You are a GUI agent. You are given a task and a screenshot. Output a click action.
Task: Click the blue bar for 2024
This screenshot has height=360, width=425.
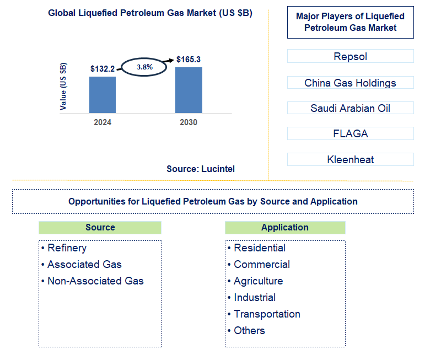point(103,94)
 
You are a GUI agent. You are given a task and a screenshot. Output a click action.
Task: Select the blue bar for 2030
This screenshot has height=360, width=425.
point(189,90)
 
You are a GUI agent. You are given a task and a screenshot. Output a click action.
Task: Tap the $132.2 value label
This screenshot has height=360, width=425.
point(103,69)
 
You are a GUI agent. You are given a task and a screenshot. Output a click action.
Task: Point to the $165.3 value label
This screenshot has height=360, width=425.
point(189,58)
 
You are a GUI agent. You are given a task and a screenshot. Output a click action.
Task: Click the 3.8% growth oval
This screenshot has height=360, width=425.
point(145,67)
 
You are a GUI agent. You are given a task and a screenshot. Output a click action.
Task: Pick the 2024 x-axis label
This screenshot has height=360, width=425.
point(103,122)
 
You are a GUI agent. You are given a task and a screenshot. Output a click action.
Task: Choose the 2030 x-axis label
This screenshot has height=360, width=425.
point(189,122)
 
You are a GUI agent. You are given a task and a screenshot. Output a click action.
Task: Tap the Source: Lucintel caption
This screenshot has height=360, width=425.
point(201,169)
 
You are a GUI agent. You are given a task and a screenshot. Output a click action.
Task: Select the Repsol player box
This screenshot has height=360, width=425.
point(350,56)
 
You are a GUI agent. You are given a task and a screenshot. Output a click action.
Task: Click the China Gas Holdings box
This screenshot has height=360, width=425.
point(350,83)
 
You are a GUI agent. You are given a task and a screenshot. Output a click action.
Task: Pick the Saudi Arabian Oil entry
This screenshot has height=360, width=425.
point(350,108)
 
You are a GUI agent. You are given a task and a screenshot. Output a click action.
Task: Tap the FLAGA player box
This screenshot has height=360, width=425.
point(350,133)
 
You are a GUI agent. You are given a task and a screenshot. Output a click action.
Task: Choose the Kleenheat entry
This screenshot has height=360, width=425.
point(350,160)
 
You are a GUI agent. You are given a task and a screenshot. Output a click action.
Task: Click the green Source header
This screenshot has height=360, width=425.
point(100,227)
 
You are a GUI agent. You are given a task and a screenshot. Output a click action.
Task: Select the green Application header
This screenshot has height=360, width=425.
point(285,227)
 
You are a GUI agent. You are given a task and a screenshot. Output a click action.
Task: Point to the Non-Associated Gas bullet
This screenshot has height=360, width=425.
point(95,281)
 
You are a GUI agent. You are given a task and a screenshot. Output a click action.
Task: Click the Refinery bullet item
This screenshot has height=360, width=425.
point(67,248)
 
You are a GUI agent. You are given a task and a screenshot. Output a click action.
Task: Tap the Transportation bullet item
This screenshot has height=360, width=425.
point(267,314)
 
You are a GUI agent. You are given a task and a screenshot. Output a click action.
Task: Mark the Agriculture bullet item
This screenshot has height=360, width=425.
point(258,281)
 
